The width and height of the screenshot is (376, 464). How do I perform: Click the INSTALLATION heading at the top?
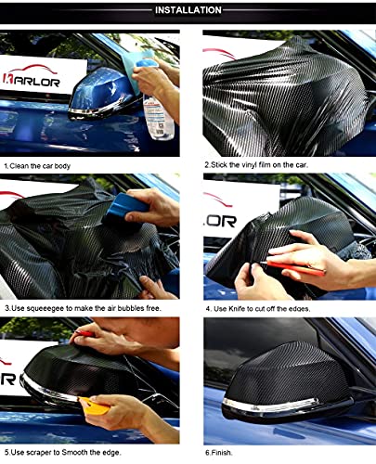coord(188,10)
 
